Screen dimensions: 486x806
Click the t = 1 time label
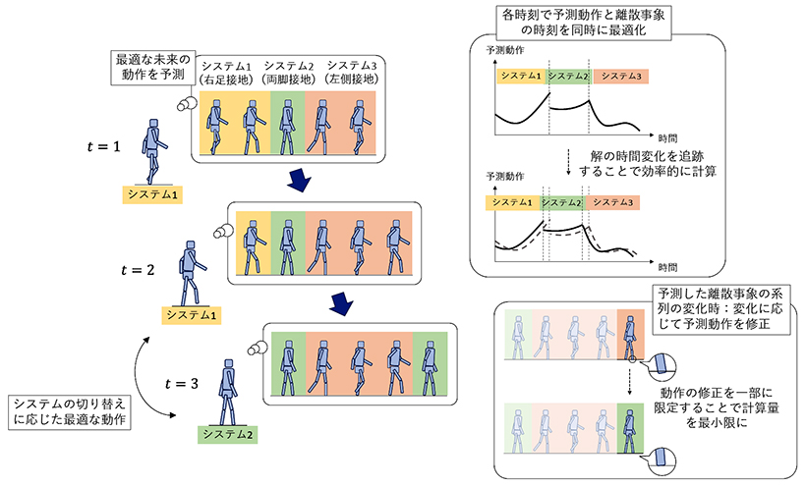coord(103,147)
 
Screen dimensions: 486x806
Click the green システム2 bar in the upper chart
coord(568,76)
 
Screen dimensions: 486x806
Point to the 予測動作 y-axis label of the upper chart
coord(504,48)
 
